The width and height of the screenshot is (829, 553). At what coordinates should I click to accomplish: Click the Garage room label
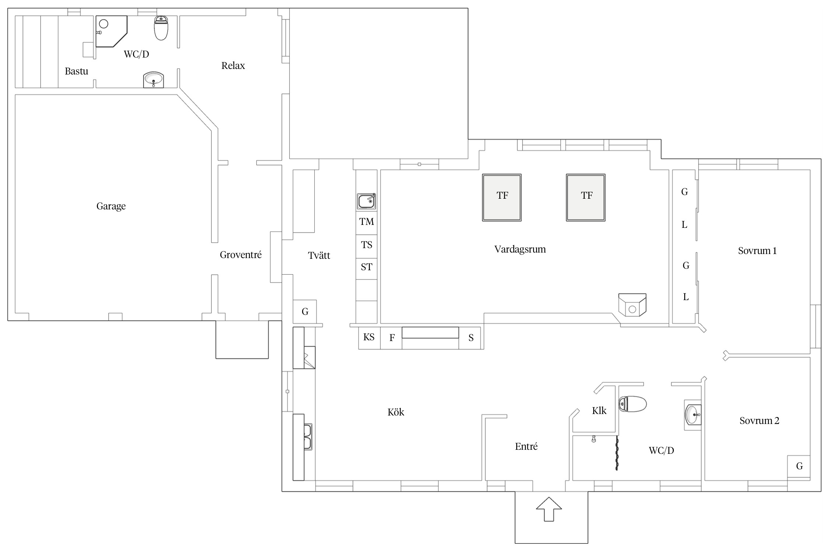pos(111,206)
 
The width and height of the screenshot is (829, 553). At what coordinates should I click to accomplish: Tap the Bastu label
pos(76,71)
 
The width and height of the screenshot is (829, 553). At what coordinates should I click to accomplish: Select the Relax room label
pos(233,66)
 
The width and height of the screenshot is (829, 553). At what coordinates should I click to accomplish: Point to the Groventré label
pos(241,255)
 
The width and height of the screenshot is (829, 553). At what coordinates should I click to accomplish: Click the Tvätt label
pos(319,255)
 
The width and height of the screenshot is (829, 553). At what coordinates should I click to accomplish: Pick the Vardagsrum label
pos(520,250)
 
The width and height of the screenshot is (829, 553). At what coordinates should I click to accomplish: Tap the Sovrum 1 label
pos(757,251)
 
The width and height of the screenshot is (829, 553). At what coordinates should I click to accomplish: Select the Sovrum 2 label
pos(759,421)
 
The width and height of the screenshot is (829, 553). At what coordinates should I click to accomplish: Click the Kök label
pos(396,412)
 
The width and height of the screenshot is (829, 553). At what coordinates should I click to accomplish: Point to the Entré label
pos(526,446)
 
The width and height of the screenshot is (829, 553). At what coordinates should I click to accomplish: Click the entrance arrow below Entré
pos(549,509)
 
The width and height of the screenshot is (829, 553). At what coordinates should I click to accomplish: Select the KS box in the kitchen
pos(369,338)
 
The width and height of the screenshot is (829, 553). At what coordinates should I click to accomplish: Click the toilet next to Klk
pos(633,404)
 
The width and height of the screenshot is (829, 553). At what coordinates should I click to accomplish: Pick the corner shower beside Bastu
pos(111,31)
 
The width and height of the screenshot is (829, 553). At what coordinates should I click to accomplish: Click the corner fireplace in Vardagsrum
pos(632,305)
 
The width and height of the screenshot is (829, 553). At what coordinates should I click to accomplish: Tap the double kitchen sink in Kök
pos(308,437)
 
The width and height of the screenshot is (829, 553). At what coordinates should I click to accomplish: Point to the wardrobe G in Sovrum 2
pos(799,466)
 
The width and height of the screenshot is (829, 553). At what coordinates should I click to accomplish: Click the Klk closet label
pos(599,411)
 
